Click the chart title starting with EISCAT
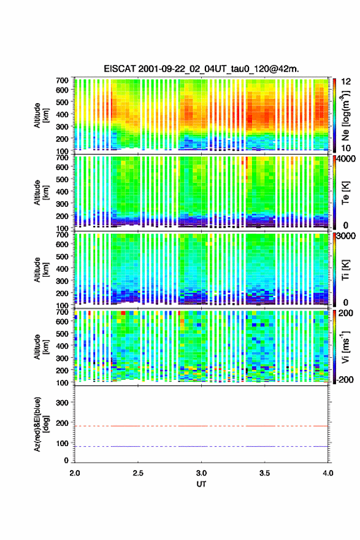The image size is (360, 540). (x=201, y=69)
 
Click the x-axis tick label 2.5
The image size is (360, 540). (x=138, y=473)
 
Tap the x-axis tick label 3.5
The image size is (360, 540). (x=265, y=473)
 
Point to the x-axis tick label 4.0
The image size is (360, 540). (x=328, y=473)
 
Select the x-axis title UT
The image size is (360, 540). (x=201, y=484)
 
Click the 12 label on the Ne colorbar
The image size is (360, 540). (x=346, y=82)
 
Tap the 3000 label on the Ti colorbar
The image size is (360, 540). (x=346, y=236)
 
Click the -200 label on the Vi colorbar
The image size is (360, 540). (x=344, y=379)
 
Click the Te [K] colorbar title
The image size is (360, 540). (x=345, y=193)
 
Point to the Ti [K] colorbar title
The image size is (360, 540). (x=345, y=269)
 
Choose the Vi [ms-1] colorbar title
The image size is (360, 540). (x=345, y=347)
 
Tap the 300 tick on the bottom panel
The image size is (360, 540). (x=62, y=403)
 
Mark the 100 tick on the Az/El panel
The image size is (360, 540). (x=62, y=443)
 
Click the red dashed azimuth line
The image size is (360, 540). (x=201, y=426)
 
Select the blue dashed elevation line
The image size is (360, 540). (x=201, y=446)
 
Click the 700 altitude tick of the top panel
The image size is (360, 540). (x=62, y=80)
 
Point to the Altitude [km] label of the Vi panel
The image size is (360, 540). (x=41, y=347)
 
